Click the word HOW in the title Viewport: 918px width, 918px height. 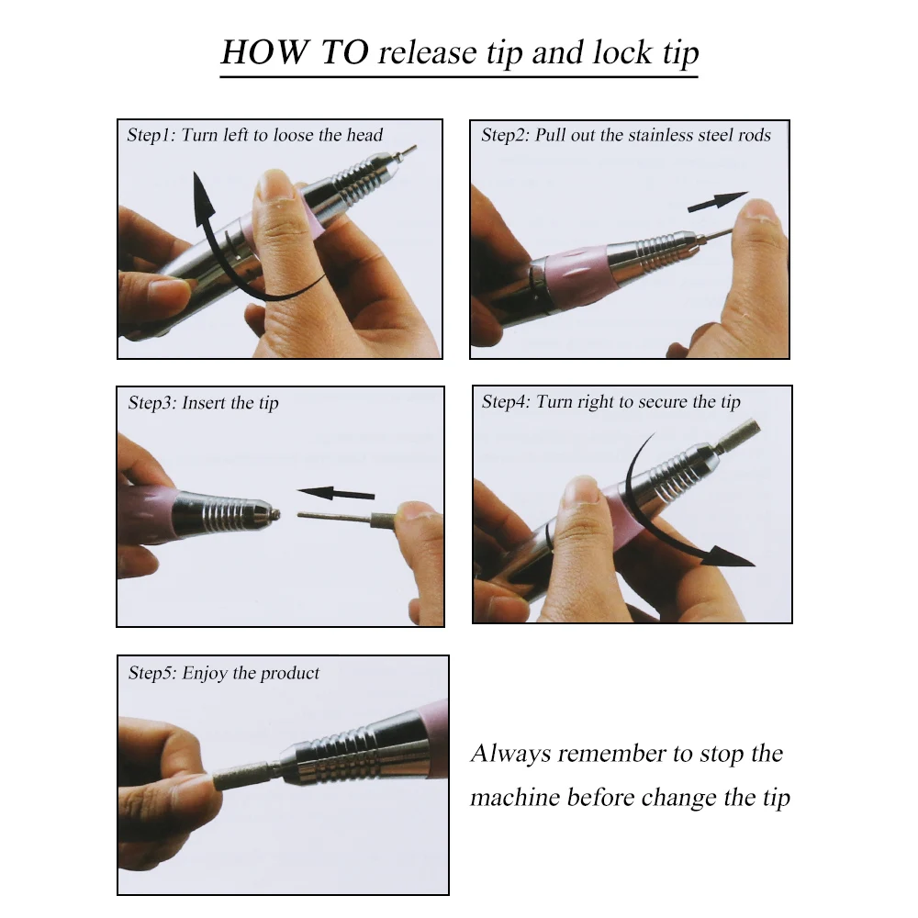(x=265, y=52)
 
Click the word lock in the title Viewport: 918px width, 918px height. (x=621, y=52)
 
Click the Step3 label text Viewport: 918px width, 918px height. (x=151, y=403)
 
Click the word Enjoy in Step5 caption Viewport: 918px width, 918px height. (x=205, y=673)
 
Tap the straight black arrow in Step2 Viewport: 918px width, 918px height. (x=717, y=201)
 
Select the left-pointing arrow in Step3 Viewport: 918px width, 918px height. (x=336, y=493)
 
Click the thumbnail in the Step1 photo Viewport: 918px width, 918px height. (x=274, y=185)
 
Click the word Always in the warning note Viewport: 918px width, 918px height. (x=510, y=754)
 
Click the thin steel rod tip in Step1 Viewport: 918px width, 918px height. (x=405, y=151)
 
